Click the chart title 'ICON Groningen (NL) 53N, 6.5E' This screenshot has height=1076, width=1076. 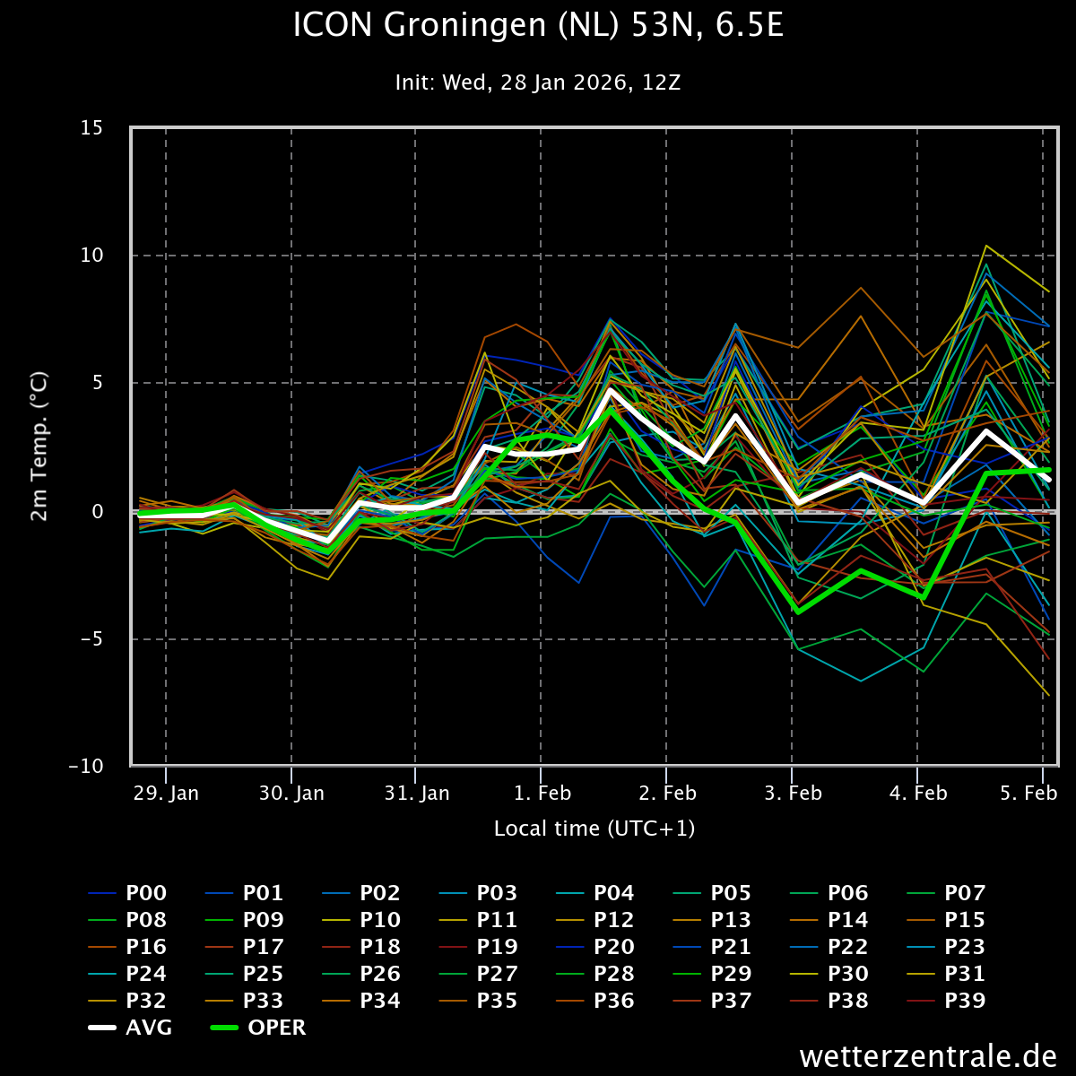point(538,25)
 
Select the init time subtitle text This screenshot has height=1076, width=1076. point(538,82)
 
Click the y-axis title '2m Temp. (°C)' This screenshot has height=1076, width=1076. point(39,447)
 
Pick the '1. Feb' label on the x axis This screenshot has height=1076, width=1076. point(542,794)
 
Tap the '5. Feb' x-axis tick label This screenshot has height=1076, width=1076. point(1028,794)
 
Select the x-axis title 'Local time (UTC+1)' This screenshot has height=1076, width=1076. point(594,829)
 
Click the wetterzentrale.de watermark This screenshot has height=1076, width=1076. point(928,1056)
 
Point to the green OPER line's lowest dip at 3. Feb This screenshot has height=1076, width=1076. point(796,612)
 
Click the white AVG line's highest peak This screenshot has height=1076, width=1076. point(611,390)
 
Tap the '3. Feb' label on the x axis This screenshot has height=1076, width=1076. point(794,794)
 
